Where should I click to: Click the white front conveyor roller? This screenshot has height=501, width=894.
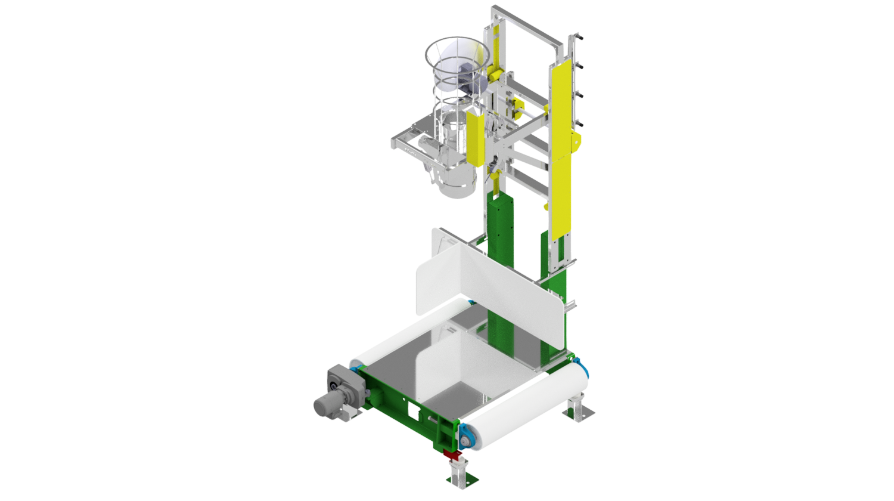pyautogui.click(x=524, y=405)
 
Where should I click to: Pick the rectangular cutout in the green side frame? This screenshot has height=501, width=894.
pyautogui.click(x=412, y=409)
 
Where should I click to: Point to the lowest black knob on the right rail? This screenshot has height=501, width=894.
pyautogui.click(x=578, y=124)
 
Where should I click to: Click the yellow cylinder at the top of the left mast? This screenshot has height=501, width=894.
pyautogui.click(x=493, y=75)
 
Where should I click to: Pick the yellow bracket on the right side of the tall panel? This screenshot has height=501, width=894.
pyautogui.click(x=576, y=142)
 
